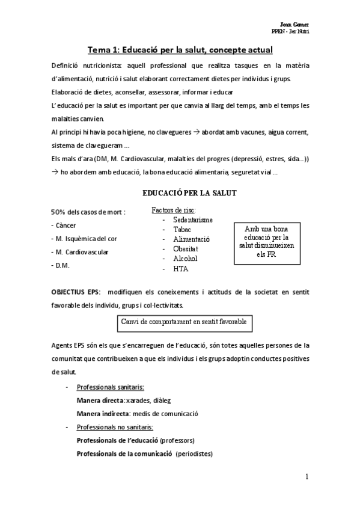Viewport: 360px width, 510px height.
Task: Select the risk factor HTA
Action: tap(181, 269)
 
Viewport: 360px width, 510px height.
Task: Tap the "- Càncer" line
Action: tap(68, 225)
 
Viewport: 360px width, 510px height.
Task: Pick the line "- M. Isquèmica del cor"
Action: tap(84, 238)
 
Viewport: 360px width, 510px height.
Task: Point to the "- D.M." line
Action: tap(63, 265)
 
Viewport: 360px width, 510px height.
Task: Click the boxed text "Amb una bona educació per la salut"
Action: tap(263, 241)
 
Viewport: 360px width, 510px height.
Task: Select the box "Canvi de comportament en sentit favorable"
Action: tap(184, 322)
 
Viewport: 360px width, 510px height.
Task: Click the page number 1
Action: tap(307, 478)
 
